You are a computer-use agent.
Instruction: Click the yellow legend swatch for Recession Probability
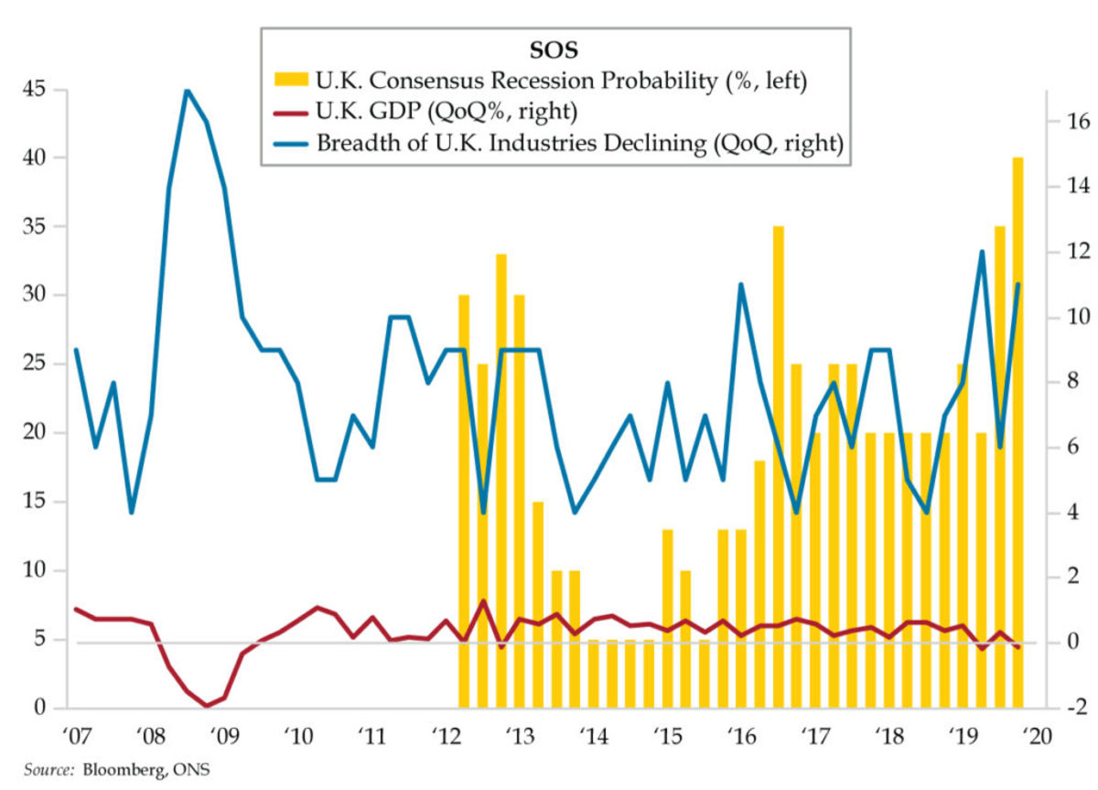[x=291, y=81]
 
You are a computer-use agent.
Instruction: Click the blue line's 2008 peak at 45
[x=187, y=91]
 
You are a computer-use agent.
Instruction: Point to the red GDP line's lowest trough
[x=206, y=706]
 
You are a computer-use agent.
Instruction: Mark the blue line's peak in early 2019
[x=982, y=252]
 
